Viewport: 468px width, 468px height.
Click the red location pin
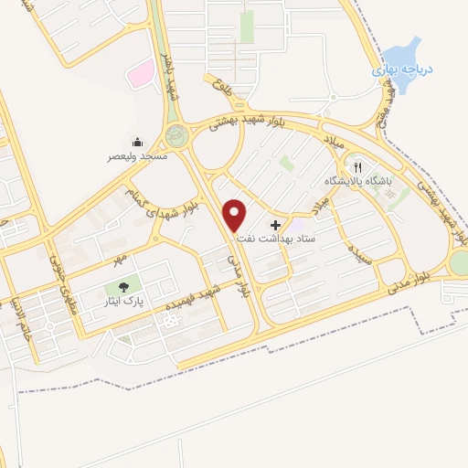(x=236, y=215)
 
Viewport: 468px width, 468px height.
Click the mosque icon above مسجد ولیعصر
(x=137, y=142)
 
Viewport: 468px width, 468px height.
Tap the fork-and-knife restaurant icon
(x=358, y=167)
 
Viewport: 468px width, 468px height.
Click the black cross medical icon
(x=276, y=224)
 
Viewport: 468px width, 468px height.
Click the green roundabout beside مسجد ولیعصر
(x=176, y=138)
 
